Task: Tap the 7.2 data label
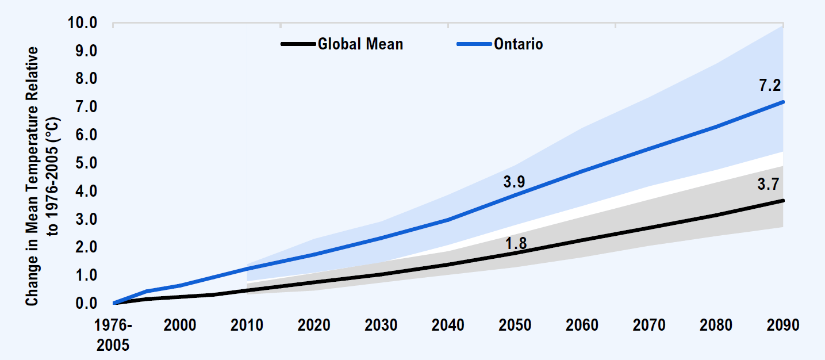770,86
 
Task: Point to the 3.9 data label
514,182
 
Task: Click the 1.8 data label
516,243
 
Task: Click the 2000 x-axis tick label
180,325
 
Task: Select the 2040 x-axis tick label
448,325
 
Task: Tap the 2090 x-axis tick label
783,325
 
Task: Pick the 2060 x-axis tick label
582,325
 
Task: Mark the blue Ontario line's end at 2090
782,102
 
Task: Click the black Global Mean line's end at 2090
782,200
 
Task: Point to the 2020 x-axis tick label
314,325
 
